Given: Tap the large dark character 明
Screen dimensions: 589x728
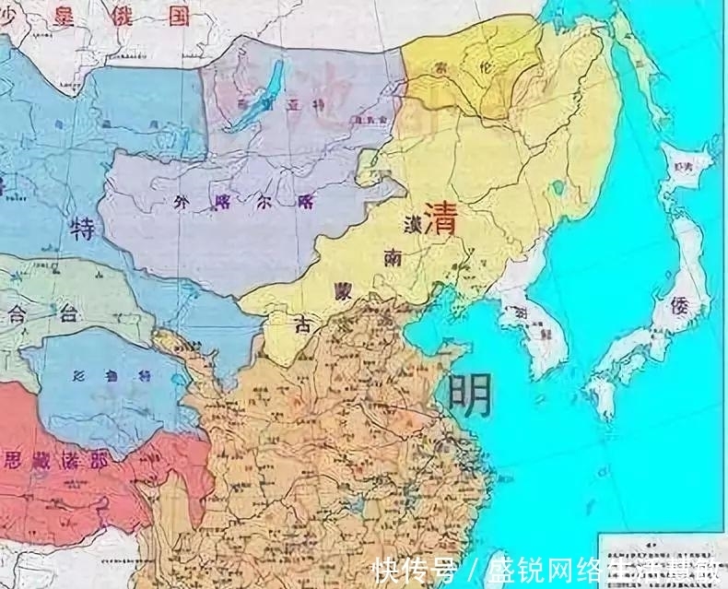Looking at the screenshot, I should coord(469,395).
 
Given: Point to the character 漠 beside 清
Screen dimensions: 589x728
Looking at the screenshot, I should coord(411,222).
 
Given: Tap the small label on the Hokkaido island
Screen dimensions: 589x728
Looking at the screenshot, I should coord(683,166).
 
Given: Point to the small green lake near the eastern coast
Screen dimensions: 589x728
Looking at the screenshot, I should coord(556,191).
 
